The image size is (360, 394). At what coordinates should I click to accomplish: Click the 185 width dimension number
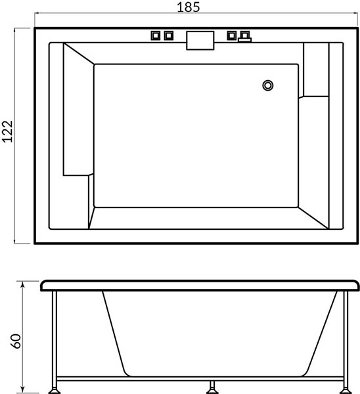189,7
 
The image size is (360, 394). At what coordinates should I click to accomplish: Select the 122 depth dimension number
7,131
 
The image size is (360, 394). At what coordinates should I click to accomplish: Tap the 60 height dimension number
16,341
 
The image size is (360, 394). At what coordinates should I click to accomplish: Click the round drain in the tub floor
268,85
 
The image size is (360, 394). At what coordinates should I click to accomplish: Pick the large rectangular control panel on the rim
200,41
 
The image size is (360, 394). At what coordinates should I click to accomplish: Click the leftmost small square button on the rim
156,35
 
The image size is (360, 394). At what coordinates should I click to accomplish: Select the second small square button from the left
169,35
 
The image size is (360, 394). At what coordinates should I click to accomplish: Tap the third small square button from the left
231,35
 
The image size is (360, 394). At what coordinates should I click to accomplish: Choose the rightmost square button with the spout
244,37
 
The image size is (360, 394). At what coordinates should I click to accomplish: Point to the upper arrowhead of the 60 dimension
22,284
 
